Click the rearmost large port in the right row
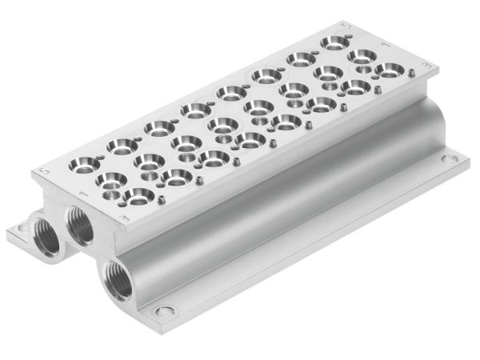coord(386,70)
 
